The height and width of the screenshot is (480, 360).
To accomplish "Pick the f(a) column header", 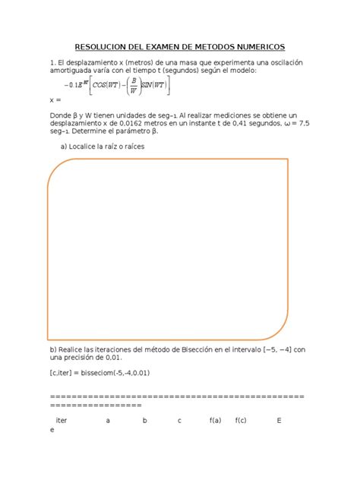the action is coord(215,419).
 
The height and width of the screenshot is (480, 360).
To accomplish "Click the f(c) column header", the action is coord(242,419).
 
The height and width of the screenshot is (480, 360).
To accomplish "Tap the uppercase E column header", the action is coord(279,419).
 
